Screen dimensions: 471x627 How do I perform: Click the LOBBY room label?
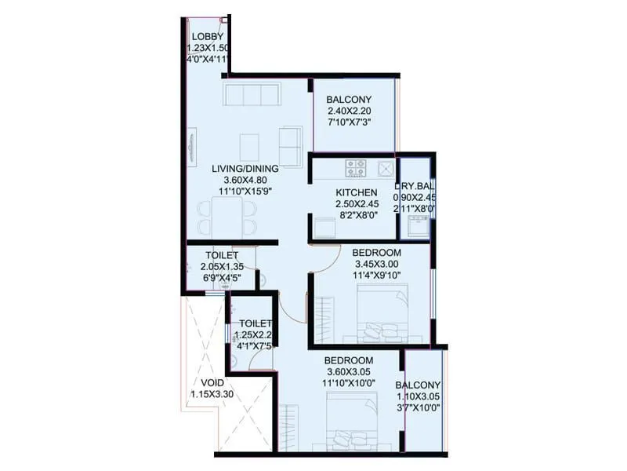208,37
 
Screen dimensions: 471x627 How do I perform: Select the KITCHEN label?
357,192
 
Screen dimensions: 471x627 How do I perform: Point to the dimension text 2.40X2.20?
349,111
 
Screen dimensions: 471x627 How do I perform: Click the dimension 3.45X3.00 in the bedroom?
376,264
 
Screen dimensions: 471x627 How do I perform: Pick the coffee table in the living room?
249,145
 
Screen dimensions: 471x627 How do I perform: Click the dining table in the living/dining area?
227,212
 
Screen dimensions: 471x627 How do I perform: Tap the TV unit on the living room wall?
193,146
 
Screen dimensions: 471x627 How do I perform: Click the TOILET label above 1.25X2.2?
255,323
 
